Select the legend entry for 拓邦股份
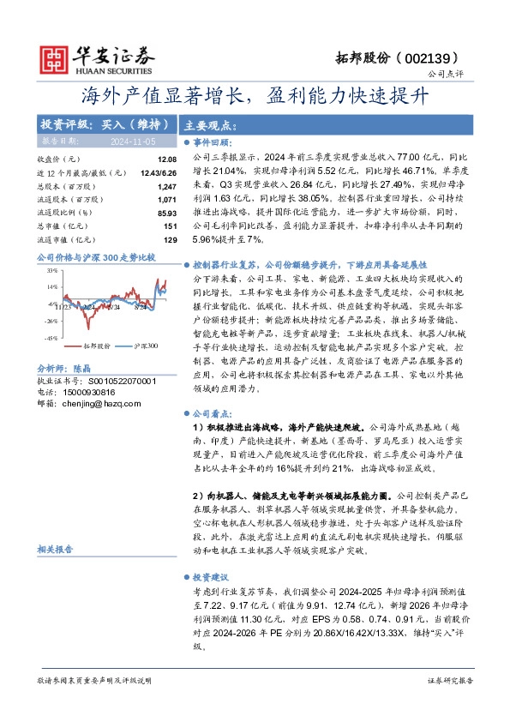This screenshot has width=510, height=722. [92, 346]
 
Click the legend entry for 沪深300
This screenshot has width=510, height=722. [144, 346]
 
